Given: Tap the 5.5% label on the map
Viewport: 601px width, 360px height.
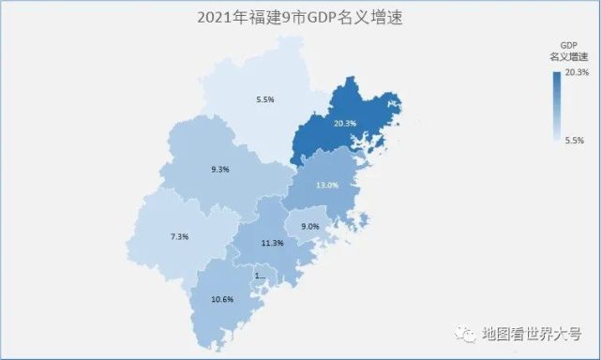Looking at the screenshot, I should (265, 99).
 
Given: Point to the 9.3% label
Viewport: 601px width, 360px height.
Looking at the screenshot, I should (221, 170).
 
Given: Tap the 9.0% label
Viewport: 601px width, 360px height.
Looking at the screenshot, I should (309, 227).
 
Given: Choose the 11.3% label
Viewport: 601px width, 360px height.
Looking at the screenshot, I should (272, 243).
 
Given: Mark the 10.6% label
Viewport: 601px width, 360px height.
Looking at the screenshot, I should (223, 299).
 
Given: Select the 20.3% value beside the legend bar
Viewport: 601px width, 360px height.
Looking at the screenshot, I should (577, 72).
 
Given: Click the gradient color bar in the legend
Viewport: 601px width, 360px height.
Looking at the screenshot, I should (557, 106).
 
